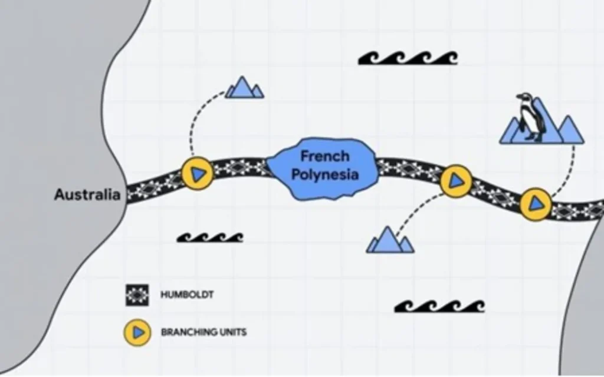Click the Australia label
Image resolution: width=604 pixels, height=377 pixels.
(x=87, y=194)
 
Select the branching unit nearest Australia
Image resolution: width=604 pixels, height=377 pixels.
(x=197, y=173)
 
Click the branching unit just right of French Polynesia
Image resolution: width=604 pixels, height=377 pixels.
(x=456, y=180)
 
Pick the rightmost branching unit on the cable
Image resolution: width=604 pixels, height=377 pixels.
(x=536, y=204)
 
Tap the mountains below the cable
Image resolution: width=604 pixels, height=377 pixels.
(x=389, y=240)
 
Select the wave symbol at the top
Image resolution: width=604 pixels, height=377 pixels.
(x=408, y=58)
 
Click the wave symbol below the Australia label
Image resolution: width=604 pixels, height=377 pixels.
(x=210, y=237)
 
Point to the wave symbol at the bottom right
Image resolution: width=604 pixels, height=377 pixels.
(x=439, y=306)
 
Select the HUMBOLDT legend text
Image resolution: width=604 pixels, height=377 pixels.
(x=187, y=295)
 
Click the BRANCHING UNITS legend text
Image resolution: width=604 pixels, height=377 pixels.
(x=203, y=332)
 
